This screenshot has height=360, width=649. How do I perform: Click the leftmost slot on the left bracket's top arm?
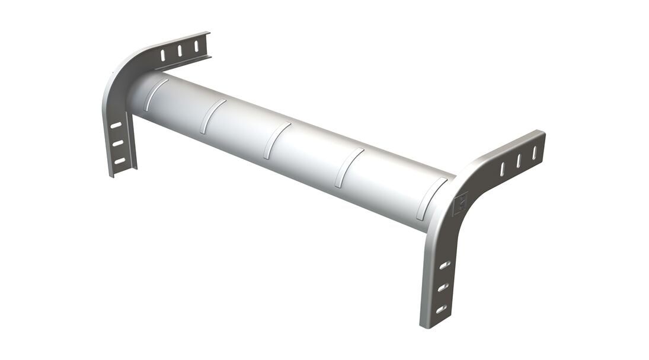pyautogui.click(x=163, y=55)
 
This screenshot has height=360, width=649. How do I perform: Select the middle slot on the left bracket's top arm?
pyautogui.click(x=180, y=50)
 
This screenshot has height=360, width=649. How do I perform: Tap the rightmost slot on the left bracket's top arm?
pyautogui.click(x=196, y=46)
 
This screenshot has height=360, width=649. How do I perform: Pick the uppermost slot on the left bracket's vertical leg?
pyautogui.click(x=116, y=125)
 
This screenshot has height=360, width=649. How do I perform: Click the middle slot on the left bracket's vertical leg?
pyautogui.click(x=118, y=143)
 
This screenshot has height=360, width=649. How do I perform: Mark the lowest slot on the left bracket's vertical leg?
pyautogui.click(x=120, y=161)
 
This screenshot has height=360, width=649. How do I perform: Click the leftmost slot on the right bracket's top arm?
pyautogui.click(x=503, y=169)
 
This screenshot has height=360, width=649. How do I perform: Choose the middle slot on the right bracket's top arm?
pyautogui.click(x=519, y=161)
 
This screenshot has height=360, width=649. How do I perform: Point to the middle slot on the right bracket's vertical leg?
pyautogui.click(x=443, y=287)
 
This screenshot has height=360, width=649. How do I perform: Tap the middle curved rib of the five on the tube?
pyautogui.click(x=277, y=140)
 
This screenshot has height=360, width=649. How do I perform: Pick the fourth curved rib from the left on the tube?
pyautogui.click(x=349, y=167)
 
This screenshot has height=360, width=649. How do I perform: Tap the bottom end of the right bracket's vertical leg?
pyautogui.click(x=431, y=323)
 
